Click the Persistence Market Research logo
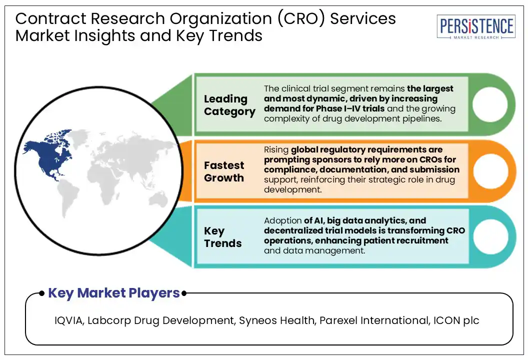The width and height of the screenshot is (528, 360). [x=475, y=27]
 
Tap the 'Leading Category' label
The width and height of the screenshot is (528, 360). [x=229, y=105]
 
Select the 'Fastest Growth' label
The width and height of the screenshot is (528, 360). [x=224, y=171]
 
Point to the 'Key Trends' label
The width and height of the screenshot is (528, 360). [x=222, y=237]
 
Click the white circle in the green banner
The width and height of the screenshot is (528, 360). [x=489, y=105]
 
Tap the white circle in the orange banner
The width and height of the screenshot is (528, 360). [x=489, y=171]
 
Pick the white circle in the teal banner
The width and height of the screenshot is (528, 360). [x=489, y=236]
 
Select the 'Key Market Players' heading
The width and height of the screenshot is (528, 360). [x=113, y=293]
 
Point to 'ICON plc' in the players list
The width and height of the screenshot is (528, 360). [x=455, y=320]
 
